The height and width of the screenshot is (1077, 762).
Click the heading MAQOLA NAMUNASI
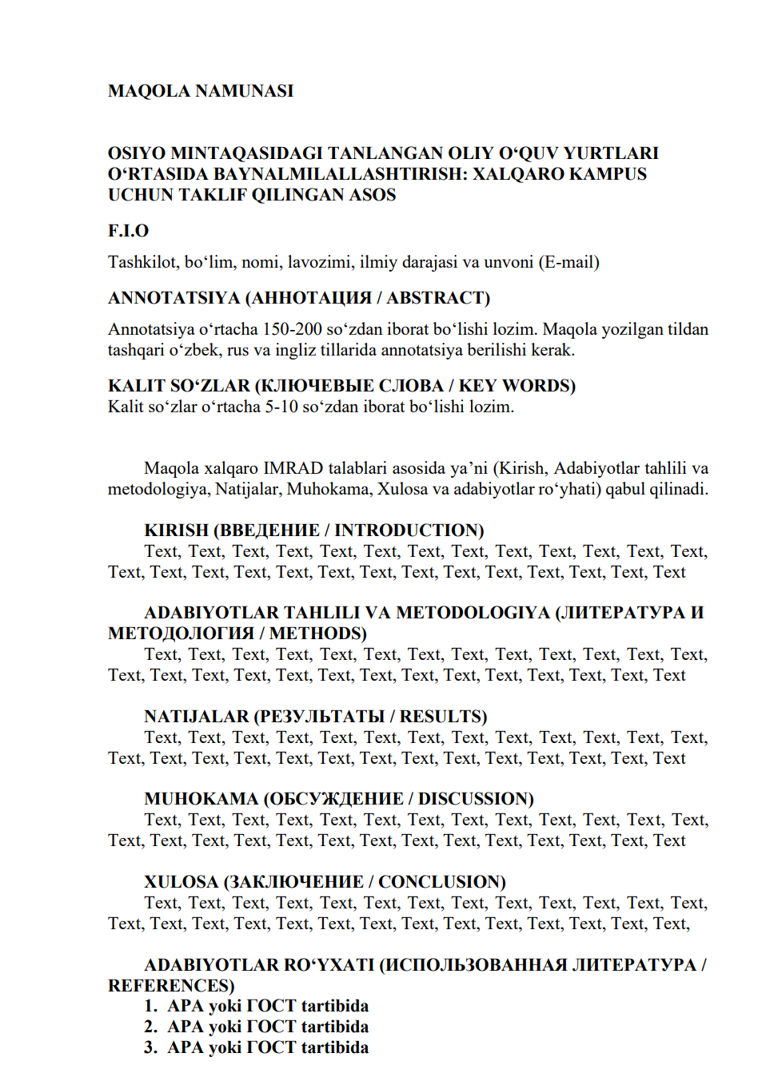(201, 91)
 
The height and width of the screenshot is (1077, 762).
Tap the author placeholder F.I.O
(128, 231)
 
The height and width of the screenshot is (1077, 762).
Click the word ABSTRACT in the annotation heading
(437, 298)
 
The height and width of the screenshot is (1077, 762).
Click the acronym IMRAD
(293, 468)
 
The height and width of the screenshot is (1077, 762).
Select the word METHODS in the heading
(317, 634)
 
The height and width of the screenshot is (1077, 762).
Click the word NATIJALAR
(197, 717)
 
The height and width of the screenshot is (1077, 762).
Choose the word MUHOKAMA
(201, 799)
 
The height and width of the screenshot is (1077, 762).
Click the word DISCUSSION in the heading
(476, 799)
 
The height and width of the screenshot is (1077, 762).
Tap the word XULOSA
(181, 882)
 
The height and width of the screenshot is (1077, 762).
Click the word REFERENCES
(170, 986)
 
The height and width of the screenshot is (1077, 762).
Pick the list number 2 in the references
(150, 1027)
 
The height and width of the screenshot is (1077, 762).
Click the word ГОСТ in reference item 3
(272, 1047)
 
